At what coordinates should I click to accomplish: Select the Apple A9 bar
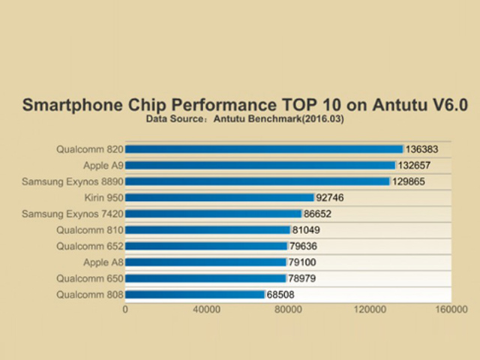pyautogui.click(x=260, y=165)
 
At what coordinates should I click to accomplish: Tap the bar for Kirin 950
pyautogui.click(x=219, y=198)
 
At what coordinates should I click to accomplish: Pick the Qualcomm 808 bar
pyautogui.click(x=195, y=295)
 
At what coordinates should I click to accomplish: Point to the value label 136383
pyautogui.click(x=421, y=149)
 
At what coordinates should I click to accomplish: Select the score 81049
pyautogui.click(x=307, y=230)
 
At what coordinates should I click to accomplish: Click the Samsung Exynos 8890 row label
pyautogui.click(x=72, y=181)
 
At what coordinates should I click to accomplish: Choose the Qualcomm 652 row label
pyautogui.click(x=89, y=246)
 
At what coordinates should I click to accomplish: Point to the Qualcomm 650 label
pyautogui.click(x=89, y=278)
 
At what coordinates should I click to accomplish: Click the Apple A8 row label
pyautogui.click(x=103, y=262)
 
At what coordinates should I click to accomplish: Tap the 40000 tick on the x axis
pyautogui.click(x=206, y=309)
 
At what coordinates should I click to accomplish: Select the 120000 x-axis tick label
pyautogui.click(x=370, y=309)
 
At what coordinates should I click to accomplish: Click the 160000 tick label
pyautogui.click(x=451, y=309)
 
